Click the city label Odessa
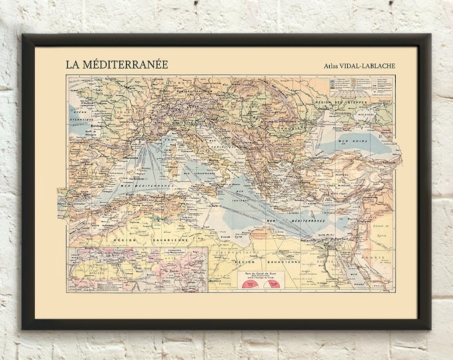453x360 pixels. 324,108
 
